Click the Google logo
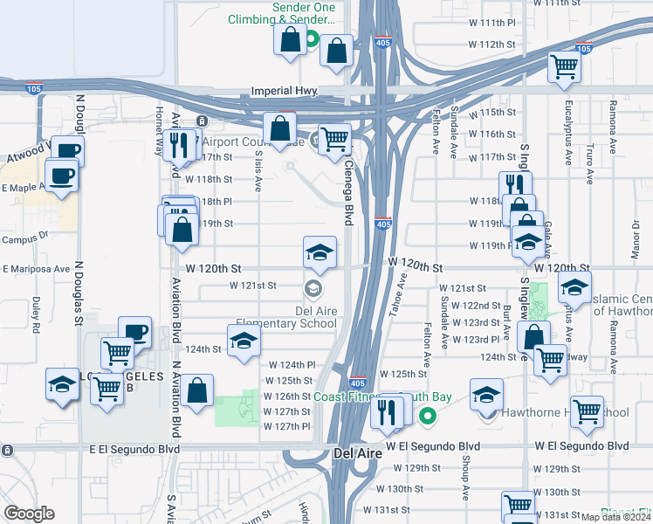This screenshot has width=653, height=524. [28, 514]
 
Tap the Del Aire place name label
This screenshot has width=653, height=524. [356, 453]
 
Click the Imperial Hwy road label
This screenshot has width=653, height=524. [283, 91]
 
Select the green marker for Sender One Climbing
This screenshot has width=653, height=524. [312, 39]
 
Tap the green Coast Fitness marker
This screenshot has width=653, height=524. [427, 417]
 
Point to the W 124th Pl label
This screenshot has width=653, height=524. [291, 364]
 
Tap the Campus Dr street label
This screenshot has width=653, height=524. [24, 238]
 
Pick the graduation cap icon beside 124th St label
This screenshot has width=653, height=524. [244, 341]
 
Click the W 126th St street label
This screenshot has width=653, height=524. [287, 396]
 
